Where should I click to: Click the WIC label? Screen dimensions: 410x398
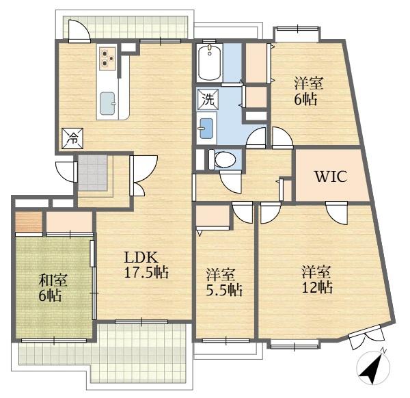[x=331, y=176]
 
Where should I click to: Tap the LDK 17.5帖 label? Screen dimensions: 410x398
[x=146, y=265]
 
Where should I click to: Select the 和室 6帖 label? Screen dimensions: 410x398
[x=53, y=288]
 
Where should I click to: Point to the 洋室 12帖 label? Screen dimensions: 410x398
[x=317, y=279]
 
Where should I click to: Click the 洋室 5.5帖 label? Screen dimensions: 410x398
[x=224, y=282]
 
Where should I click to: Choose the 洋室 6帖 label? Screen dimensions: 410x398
[x=309, y=91]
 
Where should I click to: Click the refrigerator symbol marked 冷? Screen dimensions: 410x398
[x=72, y=138]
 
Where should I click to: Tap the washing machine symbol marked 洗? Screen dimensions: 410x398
[x=208, y=98]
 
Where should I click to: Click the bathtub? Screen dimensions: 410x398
[x=210, y=62]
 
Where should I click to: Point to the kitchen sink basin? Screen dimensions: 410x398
[x=108, y=103]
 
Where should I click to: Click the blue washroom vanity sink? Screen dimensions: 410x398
[x=206, y=128]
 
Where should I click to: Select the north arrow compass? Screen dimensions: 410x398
[x=373, y=367]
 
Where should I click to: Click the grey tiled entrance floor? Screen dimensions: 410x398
[x=93, y=173]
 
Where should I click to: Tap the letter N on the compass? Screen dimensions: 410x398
[x=383, y=350]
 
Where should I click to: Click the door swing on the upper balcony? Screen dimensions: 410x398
[x=79, y=31]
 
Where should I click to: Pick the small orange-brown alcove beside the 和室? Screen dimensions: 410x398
[x=29, y=222]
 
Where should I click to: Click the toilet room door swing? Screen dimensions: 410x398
[x=230, y=182]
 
